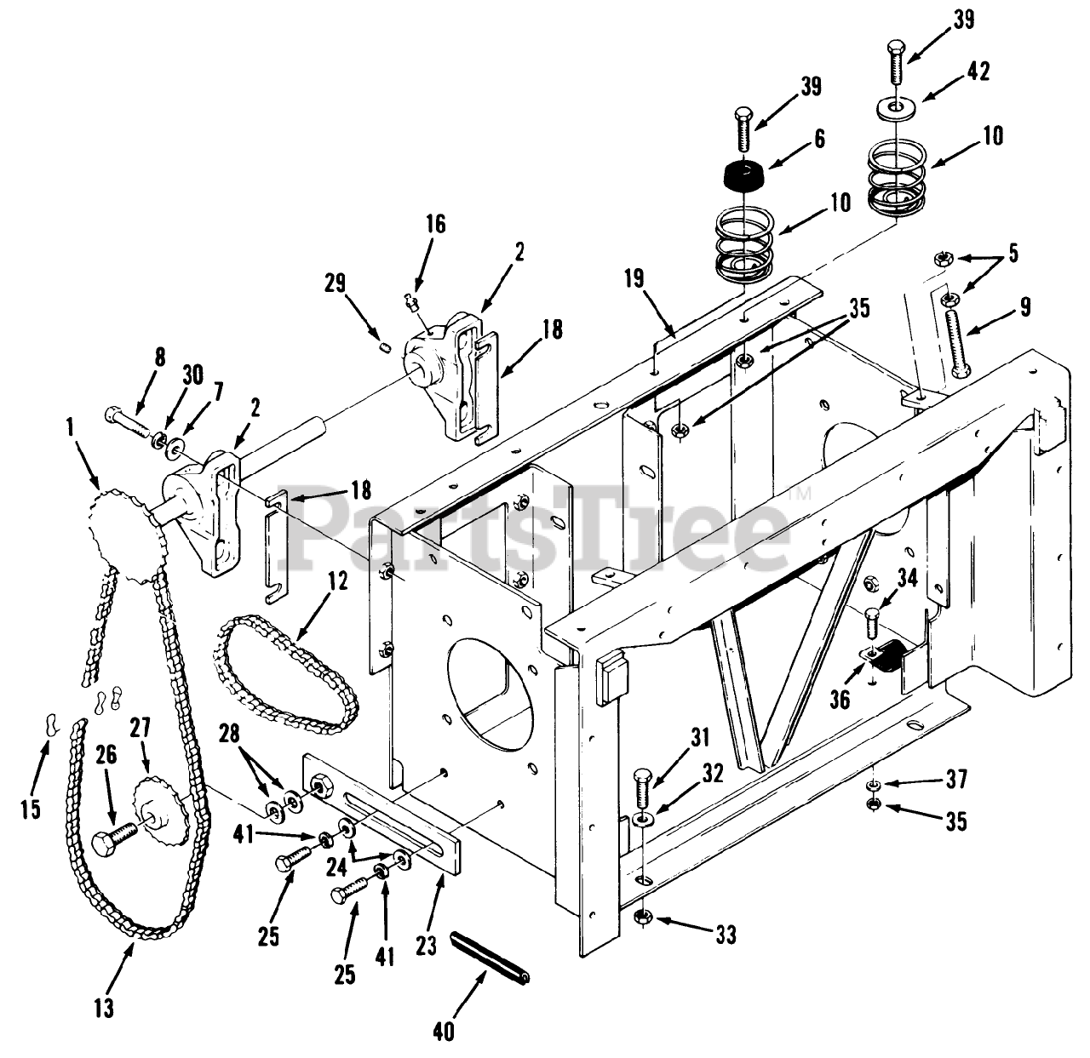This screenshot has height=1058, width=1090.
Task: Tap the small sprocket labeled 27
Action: point(159,804)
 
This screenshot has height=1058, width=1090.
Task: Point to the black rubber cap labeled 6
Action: point(743,175)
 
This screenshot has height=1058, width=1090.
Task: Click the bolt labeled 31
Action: point(642,788)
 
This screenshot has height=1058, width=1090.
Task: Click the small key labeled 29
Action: point(384,347)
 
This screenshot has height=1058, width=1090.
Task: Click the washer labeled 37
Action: point(875,783)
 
